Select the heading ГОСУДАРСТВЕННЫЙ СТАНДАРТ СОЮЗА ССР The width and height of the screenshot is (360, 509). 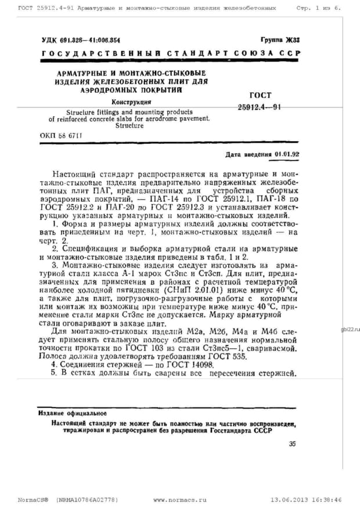pos(171,53)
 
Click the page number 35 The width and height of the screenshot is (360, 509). pos(292,444)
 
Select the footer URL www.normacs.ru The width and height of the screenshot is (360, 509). pos(180,500)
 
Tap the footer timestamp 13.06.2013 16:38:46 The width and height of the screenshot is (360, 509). pos(305,500)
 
